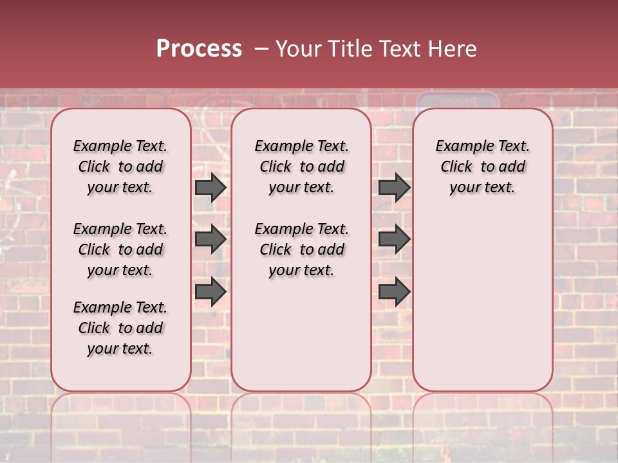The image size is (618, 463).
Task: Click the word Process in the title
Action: tap(199, 49)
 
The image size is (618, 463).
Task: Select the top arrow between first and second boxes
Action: tap(210, 187)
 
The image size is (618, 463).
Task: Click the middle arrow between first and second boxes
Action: tap(210, 239)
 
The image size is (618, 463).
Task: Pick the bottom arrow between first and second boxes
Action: tap(210, 291)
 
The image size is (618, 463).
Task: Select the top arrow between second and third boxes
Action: tap(394, 187)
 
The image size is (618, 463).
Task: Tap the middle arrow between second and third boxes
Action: tap(394, 239)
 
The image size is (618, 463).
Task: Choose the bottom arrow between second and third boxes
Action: tap(394, 291)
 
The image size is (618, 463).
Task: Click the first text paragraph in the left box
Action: tap(120, 167)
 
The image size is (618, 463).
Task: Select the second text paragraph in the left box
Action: tap(120, 250)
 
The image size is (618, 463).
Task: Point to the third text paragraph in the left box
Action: tap(120, 328)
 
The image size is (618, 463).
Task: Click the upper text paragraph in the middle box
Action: tap(301, 167)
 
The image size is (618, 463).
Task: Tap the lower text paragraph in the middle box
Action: tap(301, 250)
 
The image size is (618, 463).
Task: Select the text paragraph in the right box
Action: tap(482, 167)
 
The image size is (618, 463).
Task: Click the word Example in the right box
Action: tap(462, 147)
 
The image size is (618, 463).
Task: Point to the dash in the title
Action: tap(261, 49)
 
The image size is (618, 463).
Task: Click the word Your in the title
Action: tap(297, 49)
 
